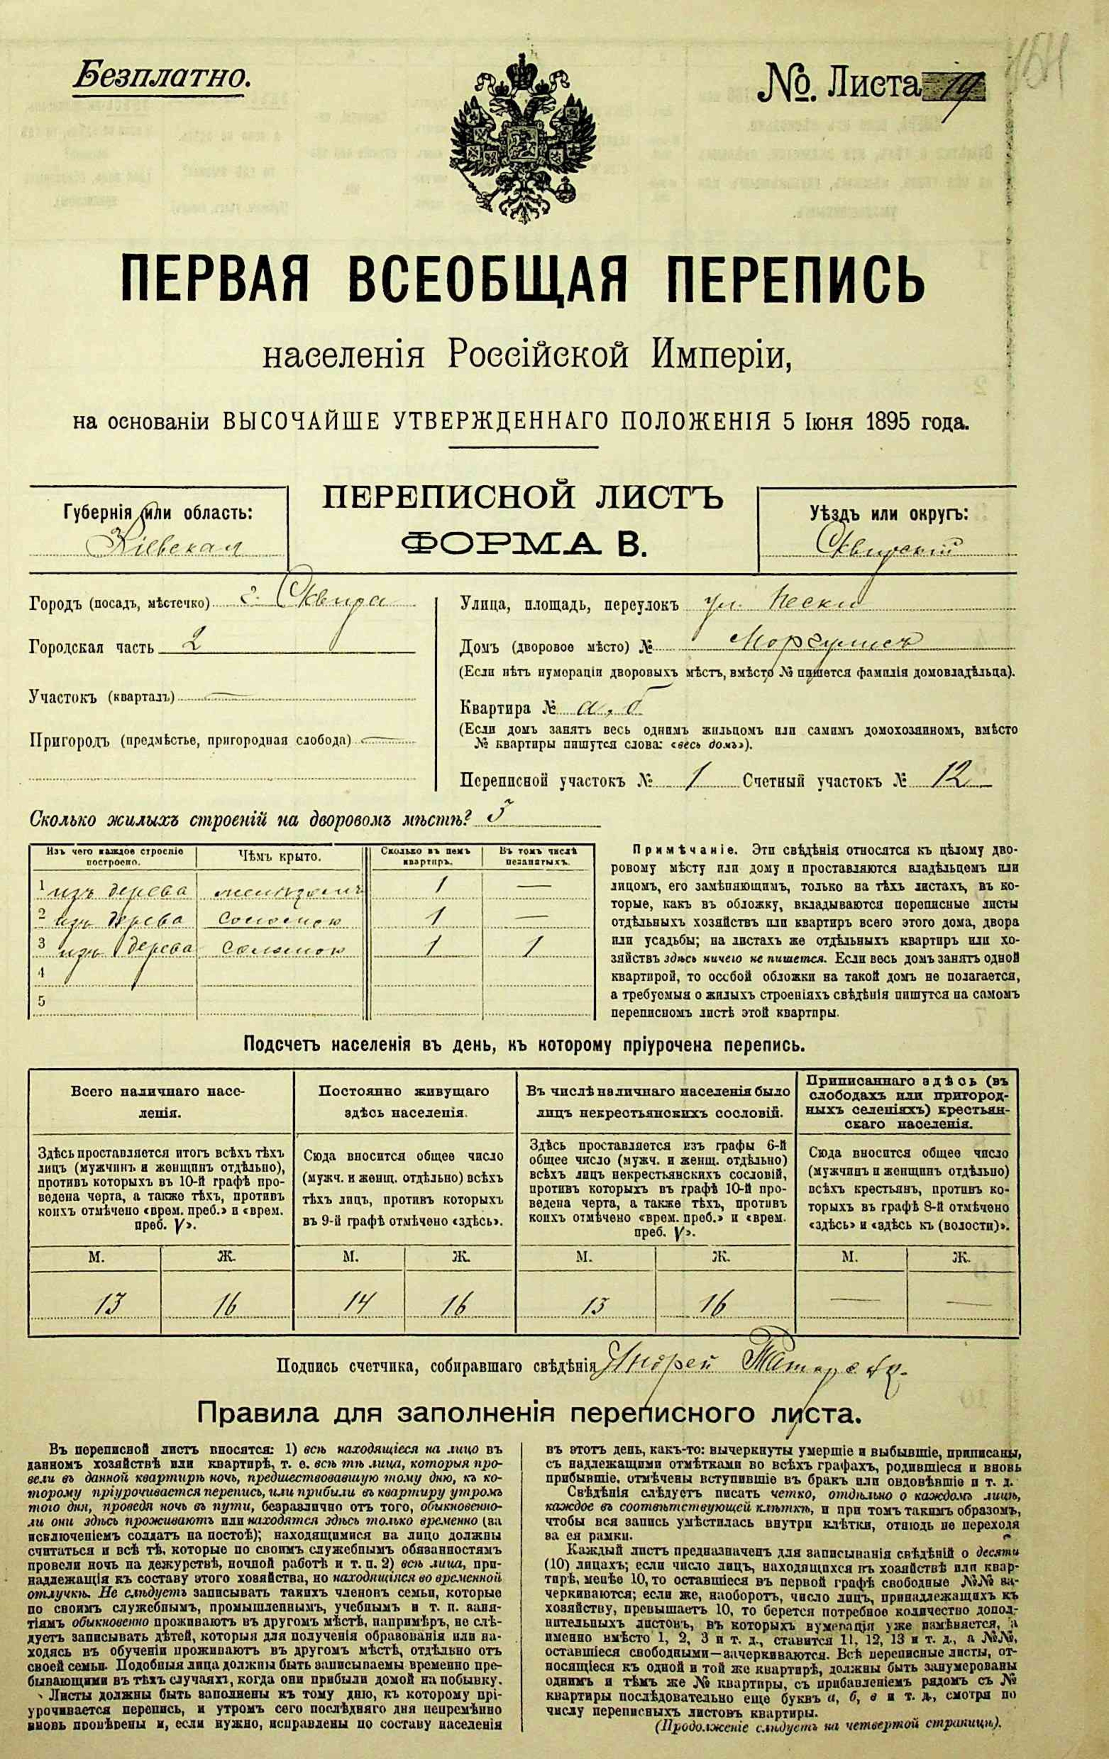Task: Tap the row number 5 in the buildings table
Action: click(42, 1001)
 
